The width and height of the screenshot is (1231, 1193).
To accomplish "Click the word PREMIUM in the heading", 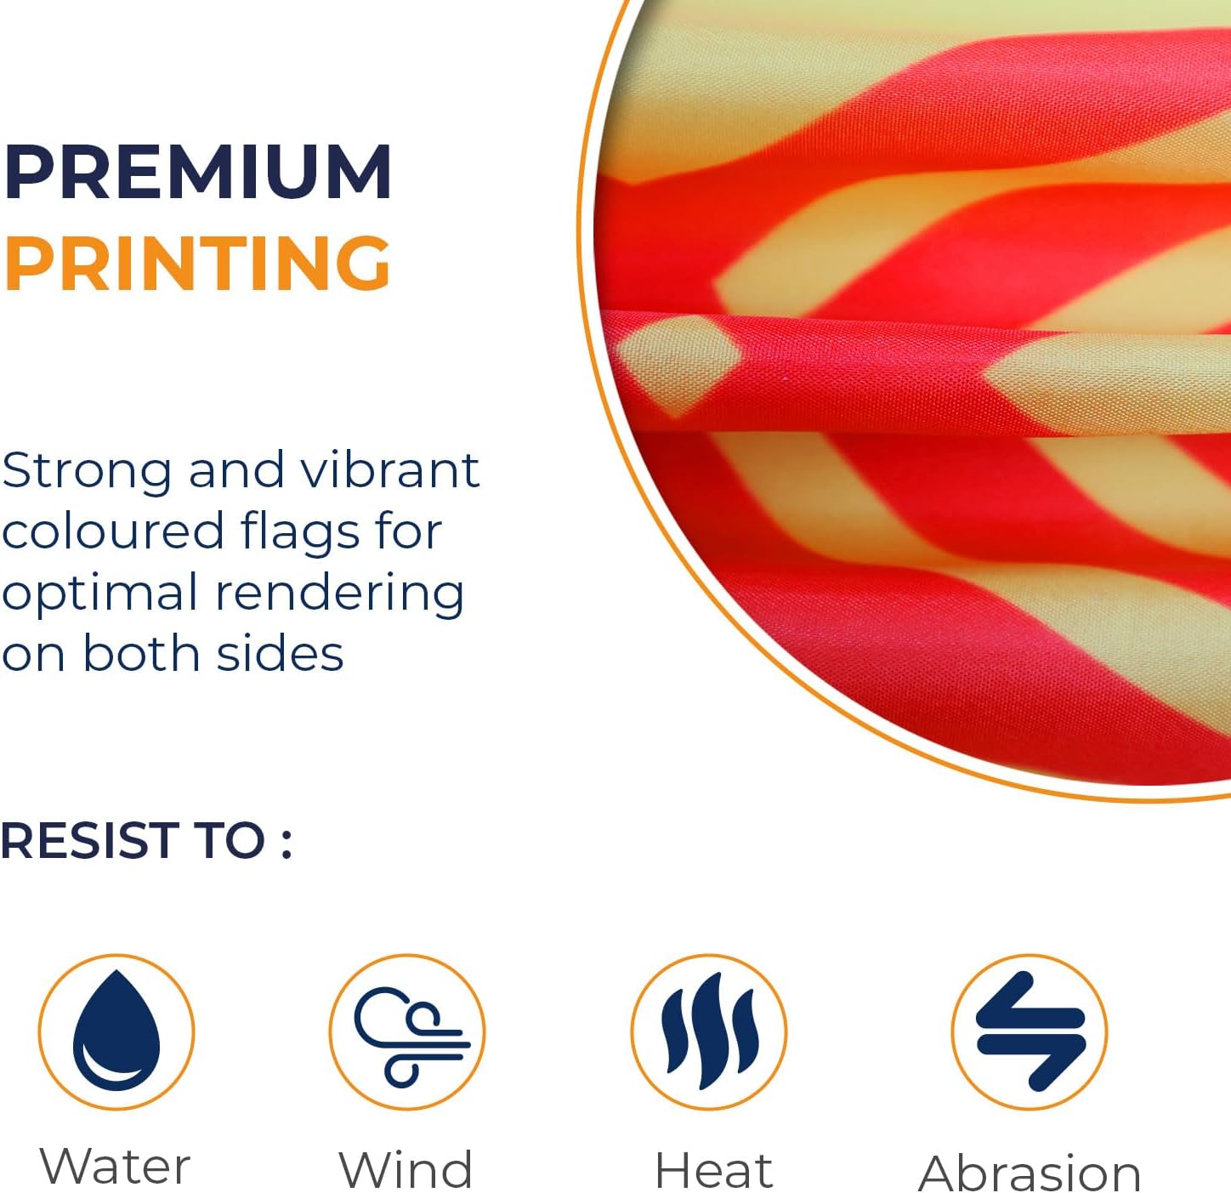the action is click(x=197, y=172).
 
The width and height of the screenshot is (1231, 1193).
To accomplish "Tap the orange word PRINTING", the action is click(x=197, y=263).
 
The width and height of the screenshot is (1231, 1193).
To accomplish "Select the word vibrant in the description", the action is click(x=389, y=470).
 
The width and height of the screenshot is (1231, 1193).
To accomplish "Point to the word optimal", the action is click(x=100, y=594).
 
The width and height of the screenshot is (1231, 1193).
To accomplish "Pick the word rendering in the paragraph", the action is click(x=340, y=594).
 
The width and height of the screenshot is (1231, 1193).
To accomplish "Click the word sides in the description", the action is click(x=280, y=653).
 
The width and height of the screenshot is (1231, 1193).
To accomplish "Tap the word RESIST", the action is click(x=85, y=841).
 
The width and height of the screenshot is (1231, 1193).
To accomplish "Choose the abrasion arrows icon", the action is click(x=1030, y=1031).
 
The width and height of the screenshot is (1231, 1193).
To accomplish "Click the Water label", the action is click(x=115, y=1166).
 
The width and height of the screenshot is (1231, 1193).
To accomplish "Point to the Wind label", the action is click(x=406, y=1168).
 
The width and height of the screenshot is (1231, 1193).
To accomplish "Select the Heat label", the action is click(x=713, y=1169).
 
